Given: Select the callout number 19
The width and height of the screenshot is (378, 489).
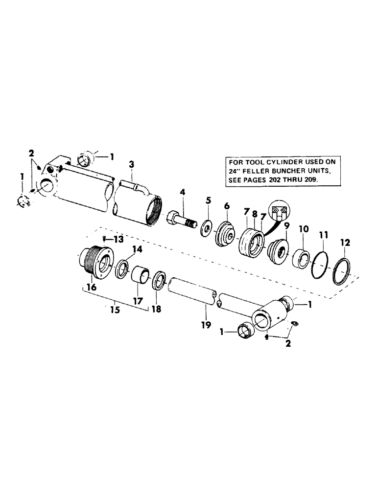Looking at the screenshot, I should pos(206,324).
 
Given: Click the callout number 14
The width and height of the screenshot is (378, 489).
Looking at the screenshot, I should pos(138,248).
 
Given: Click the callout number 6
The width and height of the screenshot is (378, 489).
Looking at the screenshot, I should pos(227,207).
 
